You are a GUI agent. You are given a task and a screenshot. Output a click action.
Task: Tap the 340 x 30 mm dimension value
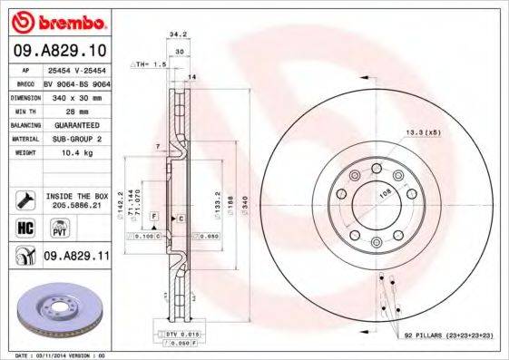pos(79,95)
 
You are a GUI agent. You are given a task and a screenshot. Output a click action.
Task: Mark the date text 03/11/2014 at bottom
pos(60,355)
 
